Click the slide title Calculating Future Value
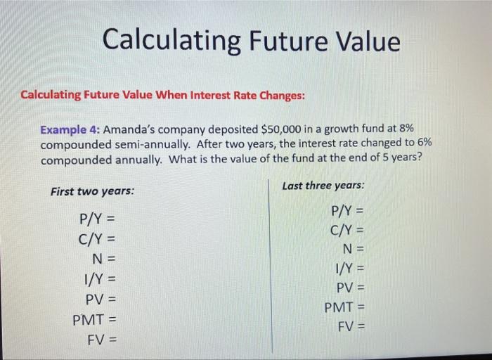251,41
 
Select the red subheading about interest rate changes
162,95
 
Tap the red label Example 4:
70,129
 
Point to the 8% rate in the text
406,129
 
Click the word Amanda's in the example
134,129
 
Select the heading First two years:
92,191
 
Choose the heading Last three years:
323,186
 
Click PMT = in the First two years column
94,321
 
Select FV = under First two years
101,341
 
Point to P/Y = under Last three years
347,210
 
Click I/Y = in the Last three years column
350,267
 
